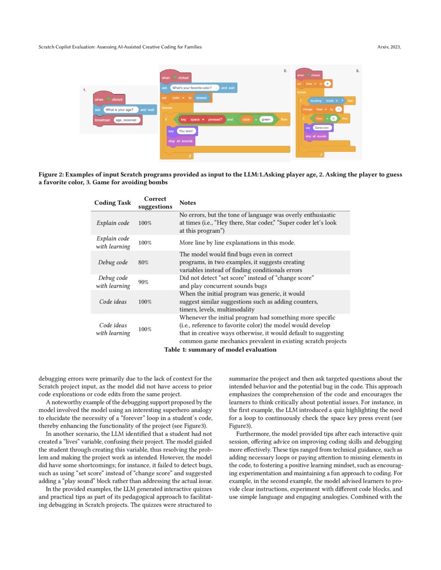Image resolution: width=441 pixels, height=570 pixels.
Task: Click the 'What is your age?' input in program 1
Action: pyautogui.click(x=120, y=110)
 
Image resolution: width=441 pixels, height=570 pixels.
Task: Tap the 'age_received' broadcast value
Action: pyautogui.click(x=125, y=120)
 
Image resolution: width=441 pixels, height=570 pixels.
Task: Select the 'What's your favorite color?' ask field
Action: pyautogui.click(x=194, y=88)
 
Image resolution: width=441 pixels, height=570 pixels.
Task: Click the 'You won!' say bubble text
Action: pyautogui.click(x=185, y=131)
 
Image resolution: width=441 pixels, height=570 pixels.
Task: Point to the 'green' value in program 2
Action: pyautogui.click(x=266, y=119)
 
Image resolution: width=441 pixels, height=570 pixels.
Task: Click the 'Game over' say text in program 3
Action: pyautogui.click(x=322, y=127)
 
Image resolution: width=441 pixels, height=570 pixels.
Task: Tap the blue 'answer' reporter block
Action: pyautogui.click(x=201, y=97)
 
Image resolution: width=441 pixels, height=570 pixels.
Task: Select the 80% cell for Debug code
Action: pyautogui.click(x=144, y=263)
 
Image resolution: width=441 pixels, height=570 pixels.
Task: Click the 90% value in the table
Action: pyautogui.click(x=144, y=282)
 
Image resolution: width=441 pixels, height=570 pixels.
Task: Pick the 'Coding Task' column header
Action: pyautogui.click(x=113, y=203)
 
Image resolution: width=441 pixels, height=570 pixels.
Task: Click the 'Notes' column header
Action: pyautogui.click(x=187, y=203)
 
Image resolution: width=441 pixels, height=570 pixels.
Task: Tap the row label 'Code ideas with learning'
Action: pyautogui.click(x=113, y=329)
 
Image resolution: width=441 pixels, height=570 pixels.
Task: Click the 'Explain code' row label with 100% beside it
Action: pyautogui.click(x=113, y=223)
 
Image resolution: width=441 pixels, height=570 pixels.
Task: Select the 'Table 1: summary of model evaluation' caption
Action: pyautogui.click(x=220, y=350)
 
